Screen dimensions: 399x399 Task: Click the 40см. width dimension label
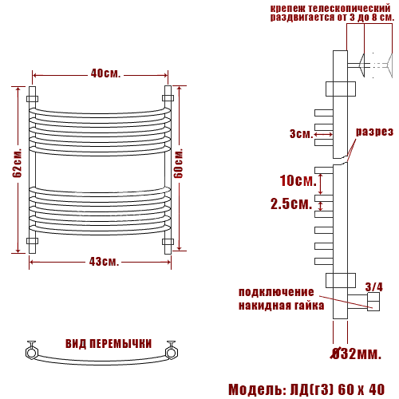(105, 73)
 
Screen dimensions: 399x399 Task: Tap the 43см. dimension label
(104, 262)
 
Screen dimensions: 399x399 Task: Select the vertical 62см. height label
(17, 163)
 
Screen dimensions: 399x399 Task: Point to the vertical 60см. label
(178, 163)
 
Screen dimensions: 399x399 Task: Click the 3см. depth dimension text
(302, 133)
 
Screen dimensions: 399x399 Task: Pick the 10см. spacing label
(298, 180)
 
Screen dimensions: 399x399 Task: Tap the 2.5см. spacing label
(291, 204)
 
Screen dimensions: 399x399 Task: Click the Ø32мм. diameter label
(357, 354)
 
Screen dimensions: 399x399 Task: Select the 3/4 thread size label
(373, 287)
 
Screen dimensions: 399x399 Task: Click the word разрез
(374, 132)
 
